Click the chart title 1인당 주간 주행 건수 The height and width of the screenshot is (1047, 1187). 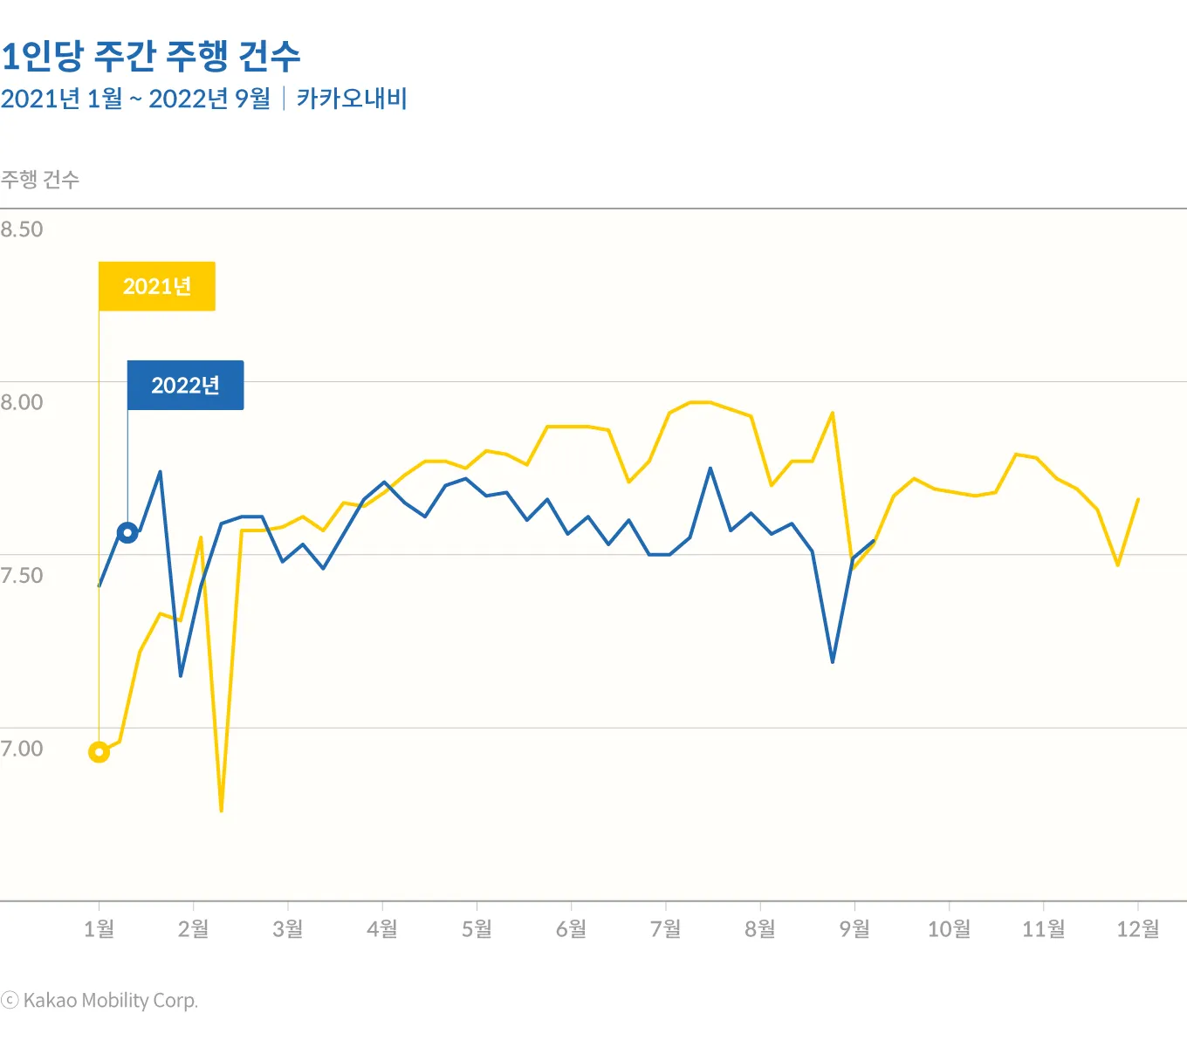[151, 57]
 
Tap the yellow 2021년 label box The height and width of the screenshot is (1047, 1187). [157, 286]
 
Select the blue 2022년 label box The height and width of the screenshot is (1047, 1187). [186, 385]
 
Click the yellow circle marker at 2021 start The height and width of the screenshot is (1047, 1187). [99, 751]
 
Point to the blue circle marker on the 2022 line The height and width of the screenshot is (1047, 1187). [127, 532]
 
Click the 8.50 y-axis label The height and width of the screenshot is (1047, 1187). [22, 229]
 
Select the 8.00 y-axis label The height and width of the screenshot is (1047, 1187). [22, 402]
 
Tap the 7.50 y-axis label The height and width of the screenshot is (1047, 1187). [22, 575]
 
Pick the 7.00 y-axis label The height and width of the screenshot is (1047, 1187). [22, 749]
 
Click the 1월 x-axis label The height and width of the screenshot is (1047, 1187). [99, 929]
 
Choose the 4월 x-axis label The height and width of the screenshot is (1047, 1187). [382, 929]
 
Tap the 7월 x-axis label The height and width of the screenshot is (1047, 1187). [666, 929]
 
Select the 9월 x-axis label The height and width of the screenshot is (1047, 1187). [854, 929]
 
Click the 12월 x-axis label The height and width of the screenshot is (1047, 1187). [1138, 929]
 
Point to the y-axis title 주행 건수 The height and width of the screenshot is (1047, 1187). [40, 180]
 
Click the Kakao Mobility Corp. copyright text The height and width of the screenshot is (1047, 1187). [100, 1001]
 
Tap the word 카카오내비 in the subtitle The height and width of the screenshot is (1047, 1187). [352, 99]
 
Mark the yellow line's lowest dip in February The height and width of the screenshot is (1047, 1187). [222, 811]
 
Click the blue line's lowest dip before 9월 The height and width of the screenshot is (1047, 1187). [833, 661]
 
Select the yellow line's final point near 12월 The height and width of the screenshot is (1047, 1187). [1138, 499]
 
